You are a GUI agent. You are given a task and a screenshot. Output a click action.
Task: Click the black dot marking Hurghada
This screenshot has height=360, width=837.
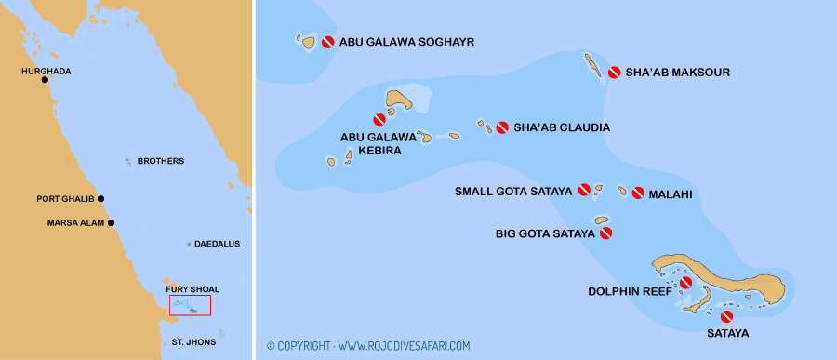[x=45, y=80]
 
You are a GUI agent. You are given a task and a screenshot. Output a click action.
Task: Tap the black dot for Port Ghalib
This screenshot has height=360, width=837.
[x=100, y=198]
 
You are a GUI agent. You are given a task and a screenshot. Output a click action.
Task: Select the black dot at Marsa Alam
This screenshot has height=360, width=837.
[x=111, y=222]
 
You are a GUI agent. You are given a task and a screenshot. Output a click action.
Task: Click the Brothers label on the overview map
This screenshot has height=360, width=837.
[x=160, y=161]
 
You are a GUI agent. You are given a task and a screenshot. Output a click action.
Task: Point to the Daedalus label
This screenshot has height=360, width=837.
[x=217, y=244]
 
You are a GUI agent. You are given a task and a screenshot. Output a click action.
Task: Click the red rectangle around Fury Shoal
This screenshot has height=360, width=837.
[x=190, y=305]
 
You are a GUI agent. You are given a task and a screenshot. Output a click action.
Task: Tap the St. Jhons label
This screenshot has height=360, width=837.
[x=193, y=342]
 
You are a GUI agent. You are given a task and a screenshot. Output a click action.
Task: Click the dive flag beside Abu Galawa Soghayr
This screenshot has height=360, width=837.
[x=327, y=42]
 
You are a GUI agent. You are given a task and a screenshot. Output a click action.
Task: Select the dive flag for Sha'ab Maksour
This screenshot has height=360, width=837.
[x=614, y=73]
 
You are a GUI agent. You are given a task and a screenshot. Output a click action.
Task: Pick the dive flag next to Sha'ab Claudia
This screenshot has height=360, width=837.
[x=502, y=127]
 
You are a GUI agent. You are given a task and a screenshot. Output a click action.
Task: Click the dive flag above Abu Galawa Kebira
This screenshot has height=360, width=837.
[x=379, y=119]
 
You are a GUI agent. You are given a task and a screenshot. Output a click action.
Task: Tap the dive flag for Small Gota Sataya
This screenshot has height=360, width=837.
[x=585, y=191]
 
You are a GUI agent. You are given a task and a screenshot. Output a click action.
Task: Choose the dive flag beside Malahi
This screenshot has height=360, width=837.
[x=638, y=193]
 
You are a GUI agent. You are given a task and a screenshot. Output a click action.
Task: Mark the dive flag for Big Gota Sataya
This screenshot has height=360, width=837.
[x=606, y=233]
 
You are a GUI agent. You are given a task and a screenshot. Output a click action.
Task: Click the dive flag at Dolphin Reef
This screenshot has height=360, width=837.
[x=685, y=283]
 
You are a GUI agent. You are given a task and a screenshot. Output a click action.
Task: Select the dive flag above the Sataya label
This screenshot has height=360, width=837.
[x=726, y=316]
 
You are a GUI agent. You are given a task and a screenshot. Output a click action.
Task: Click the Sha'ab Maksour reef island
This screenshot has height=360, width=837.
[x=591, y=65]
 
